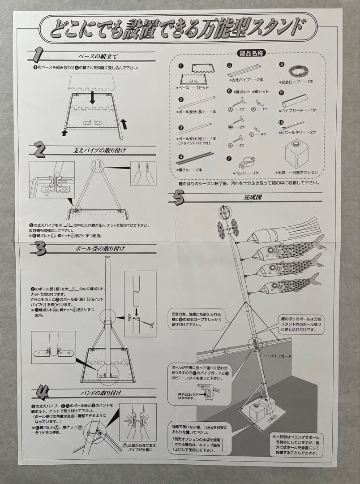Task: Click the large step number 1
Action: pyautogui.click(x=38, y=56)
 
